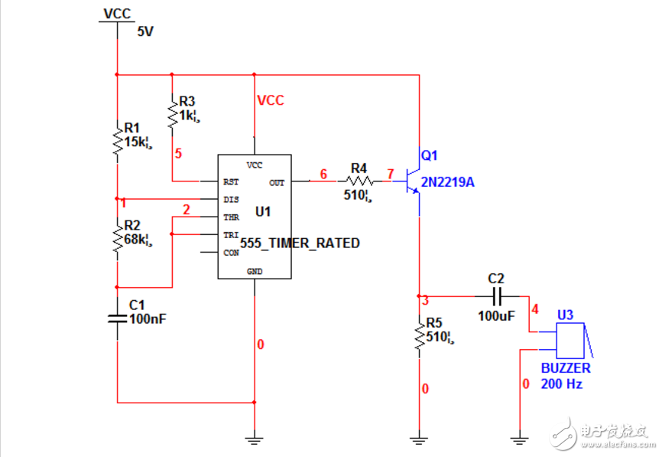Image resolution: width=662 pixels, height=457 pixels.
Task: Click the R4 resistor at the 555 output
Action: (359, 181)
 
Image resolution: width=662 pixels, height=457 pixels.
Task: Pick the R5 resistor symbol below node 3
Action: (418, 336)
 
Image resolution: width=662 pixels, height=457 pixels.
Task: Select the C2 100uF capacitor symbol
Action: (496, 296)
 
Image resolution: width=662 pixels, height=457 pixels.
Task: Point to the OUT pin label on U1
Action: (277, 182)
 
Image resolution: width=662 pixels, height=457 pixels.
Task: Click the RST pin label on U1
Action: (231, 182)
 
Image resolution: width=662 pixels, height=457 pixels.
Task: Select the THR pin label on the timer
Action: (231, 217)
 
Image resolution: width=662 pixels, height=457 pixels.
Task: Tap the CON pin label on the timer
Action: (231, 252)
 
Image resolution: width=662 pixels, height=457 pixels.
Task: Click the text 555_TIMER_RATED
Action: (300, 243)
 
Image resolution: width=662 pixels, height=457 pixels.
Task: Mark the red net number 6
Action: (323, 175)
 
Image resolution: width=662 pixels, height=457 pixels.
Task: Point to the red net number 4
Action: (534, 309)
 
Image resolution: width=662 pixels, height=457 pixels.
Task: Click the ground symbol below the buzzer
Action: (519, 440)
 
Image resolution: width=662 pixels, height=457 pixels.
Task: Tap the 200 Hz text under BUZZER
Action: (562, 384)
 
